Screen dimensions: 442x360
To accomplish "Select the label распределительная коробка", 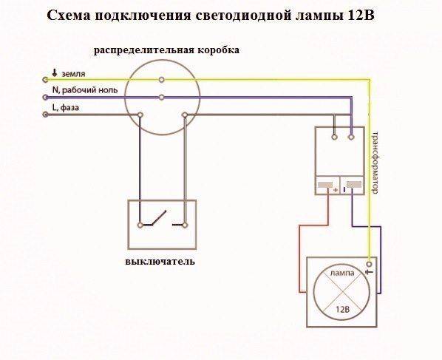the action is click(166, 50).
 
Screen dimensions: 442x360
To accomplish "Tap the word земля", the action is click(73, 74).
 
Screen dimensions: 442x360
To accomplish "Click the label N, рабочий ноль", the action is click(85, 90).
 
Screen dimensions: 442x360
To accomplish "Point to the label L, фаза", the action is click(66, 107).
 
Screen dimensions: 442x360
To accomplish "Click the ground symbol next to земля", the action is click(55, 72).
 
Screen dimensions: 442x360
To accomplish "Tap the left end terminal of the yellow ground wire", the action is click(45, 80).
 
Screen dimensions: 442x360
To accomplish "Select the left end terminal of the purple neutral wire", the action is click(45, 98).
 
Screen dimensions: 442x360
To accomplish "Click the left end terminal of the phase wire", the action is click(45, 115).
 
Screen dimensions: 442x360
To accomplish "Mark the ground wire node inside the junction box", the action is click(162, 80).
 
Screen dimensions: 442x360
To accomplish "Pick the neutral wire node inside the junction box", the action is click(162, 98).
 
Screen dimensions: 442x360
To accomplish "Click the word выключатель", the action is click(160, 262).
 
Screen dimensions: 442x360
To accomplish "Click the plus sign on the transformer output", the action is click(336, 190).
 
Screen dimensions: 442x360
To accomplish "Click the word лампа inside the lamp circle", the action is click(342, 273).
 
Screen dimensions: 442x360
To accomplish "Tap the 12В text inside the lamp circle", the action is click(342, 310).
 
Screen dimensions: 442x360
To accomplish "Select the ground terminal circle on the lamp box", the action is click(370, 264).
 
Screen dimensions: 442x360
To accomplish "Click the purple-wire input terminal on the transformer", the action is click(351, 137).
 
